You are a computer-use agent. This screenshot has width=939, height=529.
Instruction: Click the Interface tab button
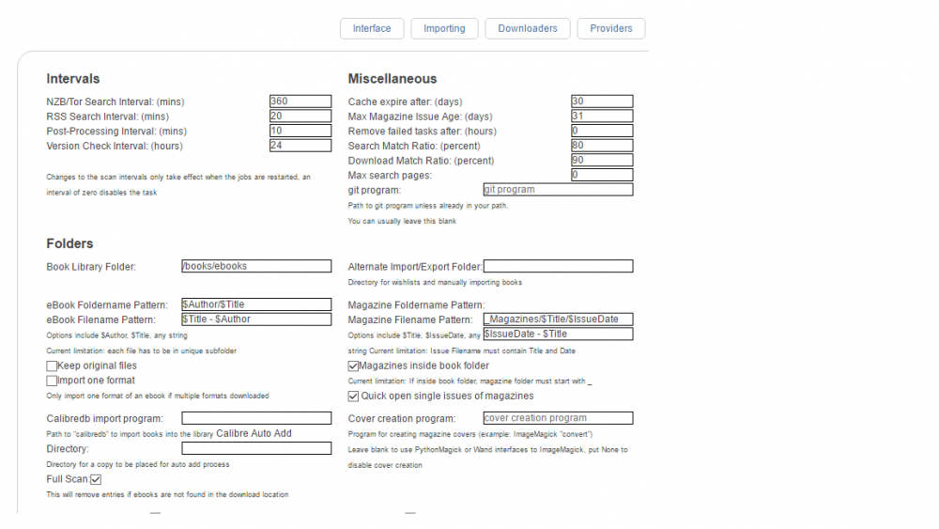coord(372,29)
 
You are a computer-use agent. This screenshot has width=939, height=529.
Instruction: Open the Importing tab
coord(444,29)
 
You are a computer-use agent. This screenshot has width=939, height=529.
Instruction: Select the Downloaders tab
coord(528,29)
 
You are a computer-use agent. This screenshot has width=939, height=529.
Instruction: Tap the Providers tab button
coord(611,29)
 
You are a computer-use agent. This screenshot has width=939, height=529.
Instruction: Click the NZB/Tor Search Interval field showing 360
coord(300,101)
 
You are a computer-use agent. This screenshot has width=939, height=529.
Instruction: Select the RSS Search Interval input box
coord(300,117)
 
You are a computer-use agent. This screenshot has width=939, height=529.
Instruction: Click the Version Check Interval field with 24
coord(300,146)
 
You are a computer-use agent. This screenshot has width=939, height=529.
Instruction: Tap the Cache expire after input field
coord(602,101)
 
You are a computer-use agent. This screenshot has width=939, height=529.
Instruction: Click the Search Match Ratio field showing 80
coord(602,146)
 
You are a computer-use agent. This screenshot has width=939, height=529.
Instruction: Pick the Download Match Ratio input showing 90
coord(602,160)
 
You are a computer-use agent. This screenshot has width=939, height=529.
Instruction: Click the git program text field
coord(558,189)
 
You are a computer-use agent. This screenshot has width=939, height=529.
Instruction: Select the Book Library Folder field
coord(256,266)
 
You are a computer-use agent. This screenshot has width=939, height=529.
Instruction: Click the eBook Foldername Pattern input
coord(256,304)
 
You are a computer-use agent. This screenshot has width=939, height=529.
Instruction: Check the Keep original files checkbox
coord(52,366)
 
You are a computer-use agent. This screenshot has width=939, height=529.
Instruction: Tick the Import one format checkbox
coord(52,381)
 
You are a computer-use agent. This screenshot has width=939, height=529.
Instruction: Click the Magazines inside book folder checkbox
coord(353,366)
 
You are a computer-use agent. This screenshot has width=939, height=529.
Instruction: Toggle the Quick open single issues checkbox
coord(353,396)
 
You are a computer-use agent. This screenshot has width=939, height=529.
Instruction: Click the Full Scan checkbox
coord(96,479)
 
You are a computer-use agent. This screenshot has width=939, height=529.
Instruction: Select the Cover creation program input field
coord(558,418)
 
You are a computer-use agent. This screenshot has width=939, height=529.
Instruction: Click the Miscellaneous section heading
coord(393,79)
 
